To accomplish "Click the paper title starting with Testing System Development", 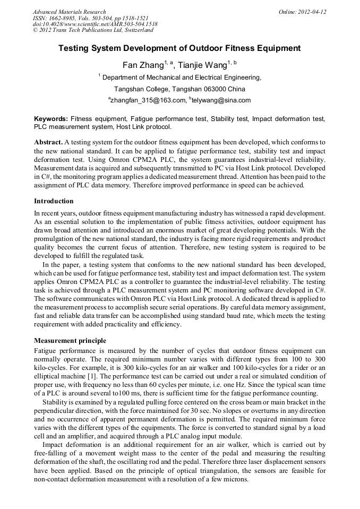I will click(x=179, y=48).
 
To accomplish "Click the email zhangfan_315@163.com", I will click(x=148, y=100).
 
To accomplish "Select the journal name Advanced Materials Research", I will click(x=69, y=12).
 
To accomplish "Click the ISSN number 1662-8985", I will click(x=65, y=18).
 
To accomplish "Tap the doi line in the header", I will click(x=95, y=24).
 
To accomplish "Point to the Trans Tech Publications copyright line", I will click(x=93, y=30).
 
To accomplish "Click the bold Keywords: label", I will click(x=51, y=119).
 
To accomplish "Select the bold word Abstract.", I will click(x=48, y=143).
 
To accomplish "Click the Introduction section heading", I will click(x=54, y=201).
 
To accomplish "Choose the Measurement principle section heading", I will click(x=70, y=340).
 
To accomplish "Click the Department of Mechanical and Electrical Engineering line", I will click(x=181, y=77).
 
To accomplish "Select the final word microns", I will click(x=236, y=479).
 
